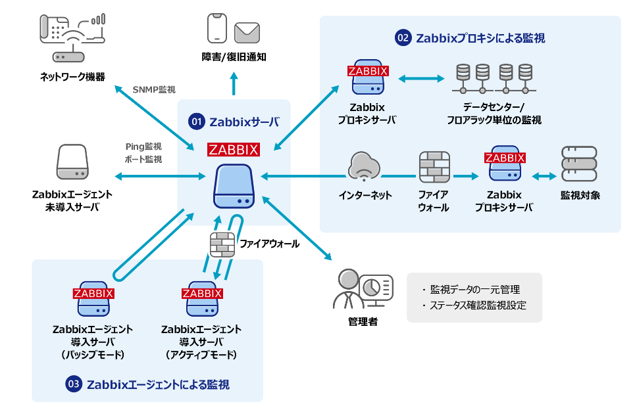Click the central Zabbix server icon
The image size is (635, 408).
234,187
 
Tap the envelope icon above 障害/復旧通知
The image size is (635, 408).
247,31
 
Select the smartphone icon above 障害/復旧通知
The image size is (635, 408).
217,29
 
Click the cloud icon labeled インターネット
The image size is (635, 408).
365,167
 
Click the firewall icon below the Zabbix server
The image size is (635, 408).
222,246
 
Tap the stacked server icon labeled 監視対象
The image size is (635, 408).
579,164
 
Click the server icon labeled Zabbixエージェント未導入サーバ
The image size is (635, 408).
72,164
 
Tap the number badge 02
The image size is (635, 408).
403,38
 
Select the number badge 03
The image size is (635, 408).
74,384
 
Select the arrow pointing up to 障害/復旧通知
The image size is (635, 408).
234,84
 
